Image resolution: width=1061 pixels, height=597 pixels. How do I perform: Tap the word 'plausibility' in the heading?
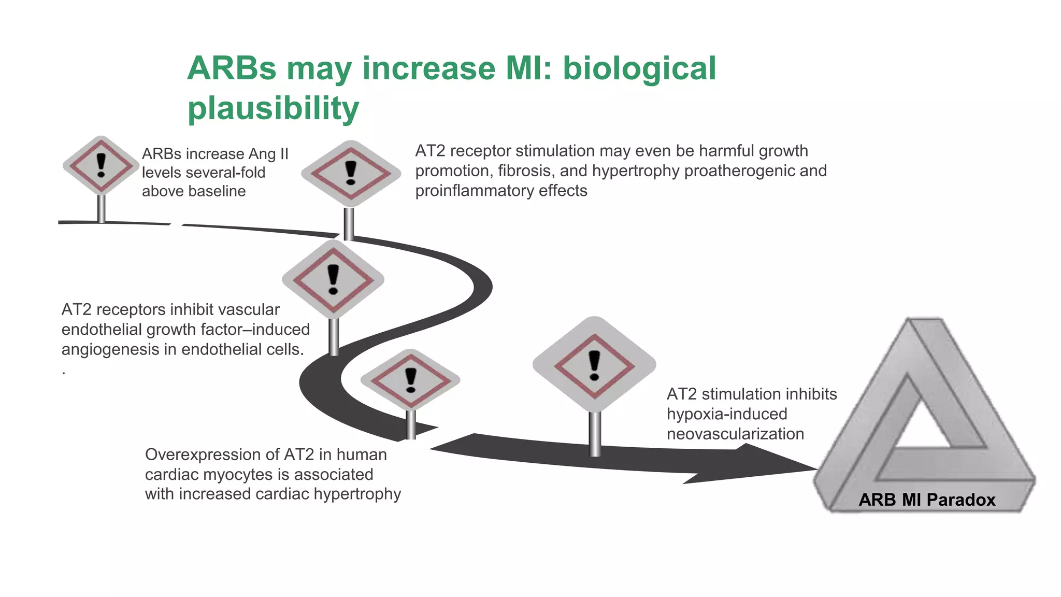tap(273, 108)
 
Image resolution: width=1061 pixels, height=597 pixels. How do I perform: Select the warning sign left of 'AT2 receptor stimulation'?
tap(351, 173)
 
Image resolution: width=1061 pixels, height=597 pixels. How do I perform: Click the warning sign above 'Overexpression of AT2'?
tap(410, 380)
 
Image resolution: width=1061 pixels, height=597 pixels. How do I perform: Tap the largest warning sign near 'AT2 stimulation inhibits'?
tap(594, 365)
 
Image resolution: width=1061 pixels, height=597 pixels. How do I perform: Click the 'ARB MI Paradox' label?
tap(927, 500)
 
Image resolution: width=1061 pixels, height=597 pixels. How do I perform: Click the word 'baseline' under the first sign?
tap(194, 191)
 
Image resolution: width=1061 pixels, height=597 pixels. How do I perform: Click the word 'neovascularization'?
tap(735, 434)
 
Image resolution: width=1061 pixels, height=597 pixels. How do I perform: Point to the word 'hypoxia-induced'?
tap(727, 414)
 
